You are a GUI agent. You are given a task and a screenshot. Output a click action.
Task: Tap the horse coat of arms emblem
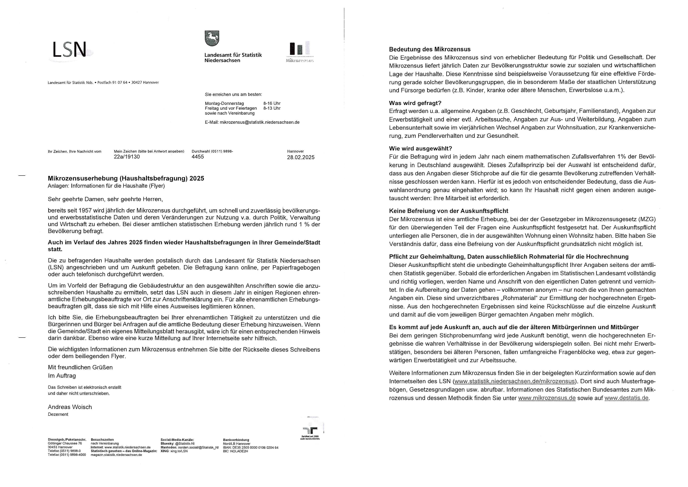click(x=212, y=38)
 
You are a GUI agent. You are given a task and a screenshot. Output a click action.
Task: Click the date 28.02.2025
click(x=301, y=157)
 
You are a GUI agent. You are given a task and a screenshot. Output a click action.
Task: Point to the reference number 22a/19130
click(x=127, y=157)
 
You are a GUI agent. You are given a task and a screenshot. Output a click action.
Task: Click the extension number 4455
click(x=198, y=157)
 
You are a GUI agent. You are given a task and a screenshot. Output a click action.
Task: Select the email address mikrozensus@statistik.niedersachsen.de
click(x=260, y=122)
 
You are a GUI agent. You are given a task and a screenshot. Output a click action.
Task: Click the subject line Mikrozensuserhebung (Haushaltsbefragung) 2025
click(x=126, y=179)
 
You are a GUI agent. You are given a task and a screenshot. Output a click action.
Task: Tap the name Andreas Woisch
click(x=70, y=407)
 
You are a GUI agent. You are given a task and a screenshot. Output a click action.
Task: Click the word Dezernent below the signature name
click(x=58, y=414)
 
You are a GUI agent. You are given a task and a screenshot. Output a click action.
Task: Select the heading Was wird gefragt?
click(x=415, y=103)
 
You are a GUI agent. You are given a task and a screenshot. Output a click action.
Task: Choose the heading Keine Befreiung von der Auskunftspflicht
click(x=449, y=211)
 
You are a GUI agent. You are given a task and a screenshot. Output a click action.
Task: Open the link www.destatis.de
click(x=626, y=398)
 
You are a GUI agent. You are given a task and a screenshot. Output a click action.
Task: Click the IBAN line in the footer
click(x=251, y=447)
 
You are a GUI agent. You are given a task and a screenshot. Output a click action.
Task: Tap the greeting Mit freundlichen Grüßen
click(x=80, y=367)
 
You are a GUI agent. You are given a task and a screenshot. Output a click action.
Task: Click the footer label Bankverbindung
click(x=236, y=440)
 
